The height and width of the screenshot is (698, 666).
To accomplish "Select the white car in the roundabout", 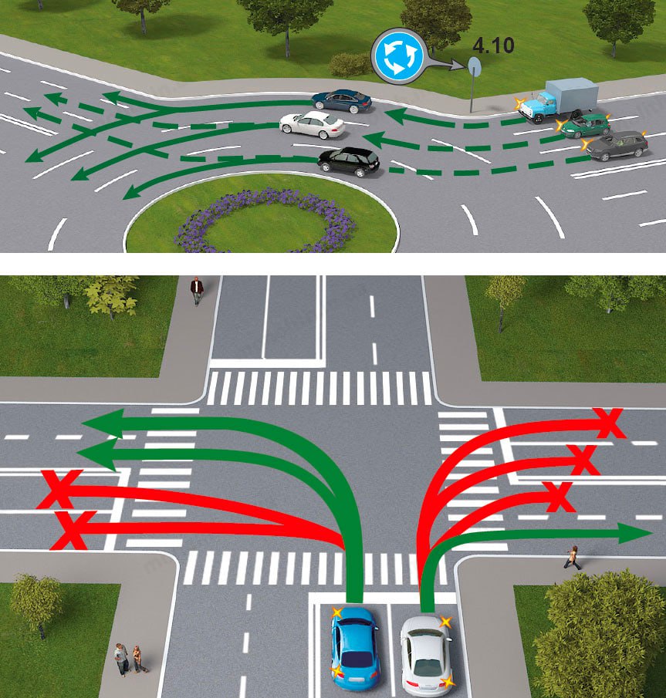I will (312, 123).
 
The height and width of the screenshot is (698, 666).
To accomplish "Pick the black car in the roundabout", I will (350, 161).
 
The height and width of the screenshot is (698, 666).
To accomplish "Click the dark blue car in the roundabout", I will (342, 100).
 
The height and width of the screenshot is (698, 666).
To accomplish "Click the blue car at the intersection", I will (355, 647).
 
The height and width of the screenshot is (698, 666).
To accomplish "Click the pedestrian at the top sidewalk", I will (197, 289).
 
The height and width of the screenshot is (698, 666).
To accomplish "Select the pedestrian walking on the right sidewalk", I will (573, 557).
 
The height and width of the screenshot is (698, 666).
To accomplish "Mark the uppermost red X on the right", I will (610, 423).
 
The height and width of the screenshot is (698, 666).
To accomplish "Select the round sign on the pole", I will (474, 68).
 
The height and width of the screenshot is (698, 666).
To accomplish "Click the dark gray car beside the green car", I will (617, 144).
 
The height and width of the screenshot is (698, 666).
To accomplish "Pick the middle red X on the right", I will (584, 460).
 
